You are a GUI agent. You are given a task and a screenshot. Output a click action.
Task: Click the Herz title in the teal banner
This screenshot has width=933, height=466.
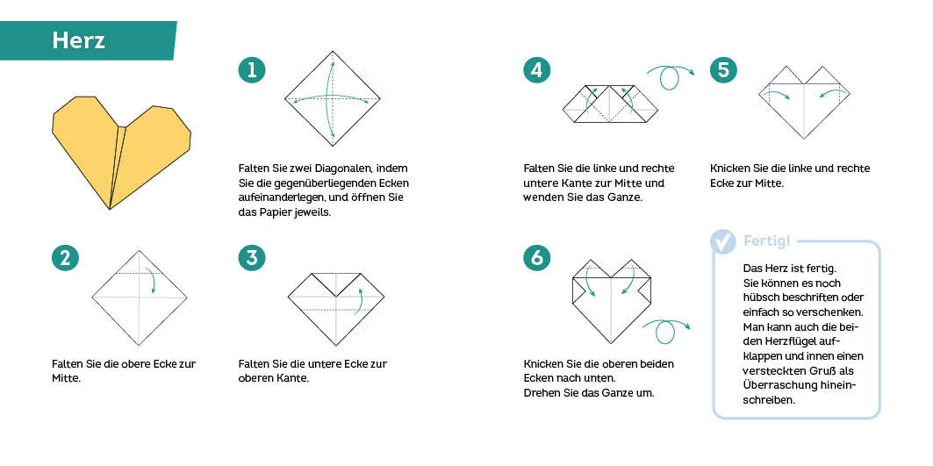pos(78,40)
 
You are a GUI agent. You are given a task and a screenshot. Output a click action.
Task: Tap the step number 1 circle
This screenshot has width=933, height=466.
pos(252,70)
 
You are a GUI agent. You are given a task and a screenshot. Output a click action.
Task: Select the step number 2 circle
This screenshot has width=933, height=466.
pos(66,258)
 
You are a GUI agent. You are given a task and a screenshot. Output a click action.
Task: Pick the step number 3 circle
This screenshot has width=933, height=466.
pos(252,258)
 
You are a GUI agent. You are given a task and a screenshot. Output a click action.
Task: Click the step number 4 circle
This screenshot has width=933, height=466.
pos(536,70)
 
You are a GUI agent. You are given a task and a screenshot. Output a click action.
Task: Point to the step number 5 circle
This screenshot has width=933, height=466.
pos(723,70)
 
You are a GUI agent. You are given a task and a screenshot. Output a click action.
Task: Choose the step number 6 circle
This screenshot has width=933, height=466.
pos(536,258)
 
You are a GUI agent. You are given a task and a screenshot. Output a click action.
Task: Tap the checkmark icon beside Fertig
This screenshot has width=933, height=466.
pos(723,241)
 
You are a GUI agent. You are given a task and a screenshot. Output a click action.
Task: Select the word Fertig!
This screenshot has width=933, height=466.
pos(767,241)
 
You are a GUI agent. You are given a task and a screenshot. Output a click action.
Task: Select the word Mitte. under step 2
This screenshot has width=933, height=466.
pos(67,378)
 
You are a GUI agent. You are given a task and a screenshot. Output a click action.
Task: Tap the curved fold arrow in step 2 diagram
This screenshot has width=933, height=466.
pos(151,281)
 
